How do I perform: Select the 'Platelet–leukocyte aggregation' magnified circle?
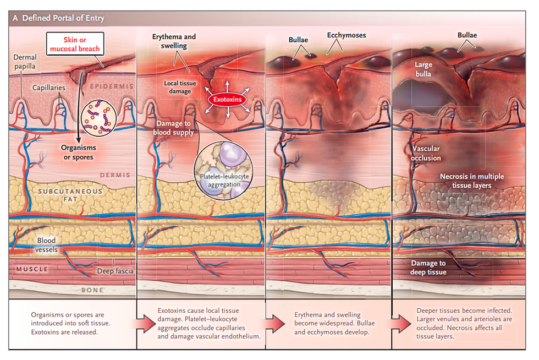[223, 163]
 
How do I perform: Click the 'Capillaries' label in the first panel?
[48, 88]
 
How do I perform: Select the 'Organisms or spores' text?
[79, 152]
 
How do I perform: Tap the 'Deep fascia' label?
[114, 270]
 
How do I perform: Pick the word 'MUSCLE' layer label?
[32, 269]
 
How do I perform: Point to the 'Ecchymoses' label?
[346, 35]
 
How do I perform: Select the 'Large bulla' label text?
[424, 69]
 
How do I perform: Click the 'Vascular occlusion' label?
[426, 154]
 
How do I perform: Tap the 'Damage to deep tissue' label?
[428, 268]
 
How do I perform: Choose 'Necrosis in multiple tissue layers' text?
[472, 181]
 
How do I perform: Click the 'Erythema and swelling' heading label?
[173, 41]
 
